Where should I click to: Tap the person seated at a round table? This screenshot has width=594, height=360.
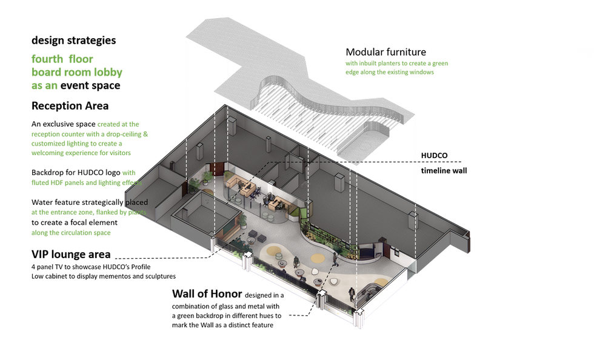tap(296, 263)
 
